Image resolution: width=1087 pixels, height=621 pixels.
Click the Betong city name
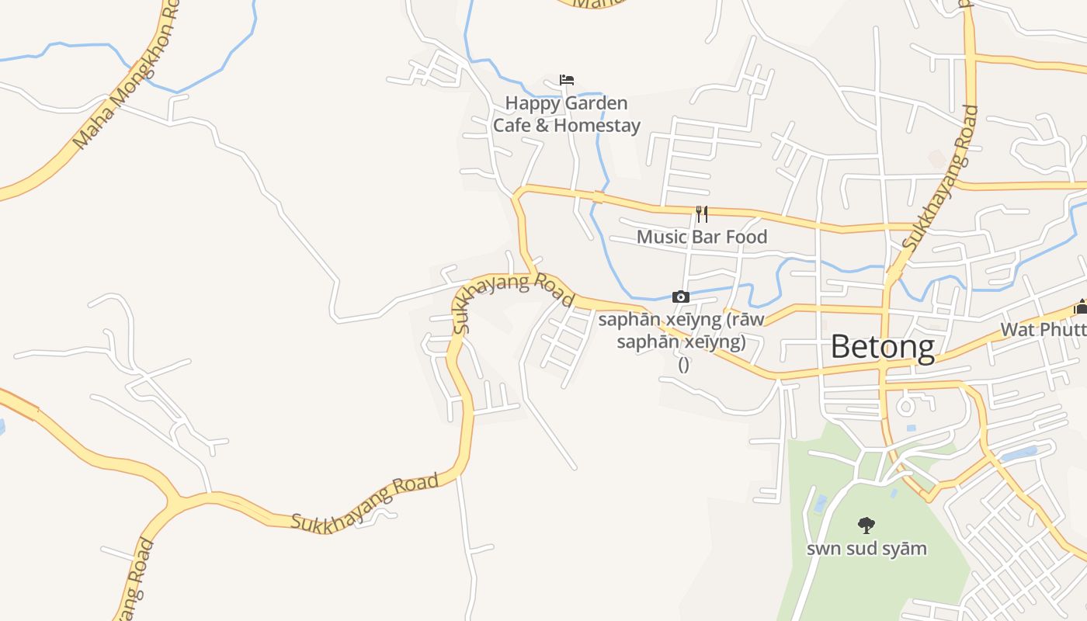click(883, 346)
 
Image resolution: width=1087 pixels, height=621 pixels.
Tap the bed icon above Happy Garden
click(567, 80)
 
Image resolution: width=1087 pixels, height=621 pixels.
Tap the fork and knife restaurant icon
click(702, 213)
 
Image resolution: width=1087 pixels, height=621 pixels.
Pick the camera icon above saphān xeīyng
click(681, 297)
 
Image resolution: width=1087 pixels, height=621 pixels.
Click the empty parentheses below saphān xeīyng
click(684, 365)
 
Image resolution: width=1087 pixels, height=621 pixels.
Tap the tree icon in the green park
click(866, 526)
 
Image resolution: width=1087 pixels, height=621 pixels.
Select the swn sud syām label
click(866, 549)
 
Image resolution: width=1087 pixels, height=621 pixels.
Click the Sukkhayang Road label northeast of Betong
click(939, 178)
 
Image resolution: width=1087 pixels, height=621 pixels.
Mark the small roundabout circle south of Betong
click(905, 404)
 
